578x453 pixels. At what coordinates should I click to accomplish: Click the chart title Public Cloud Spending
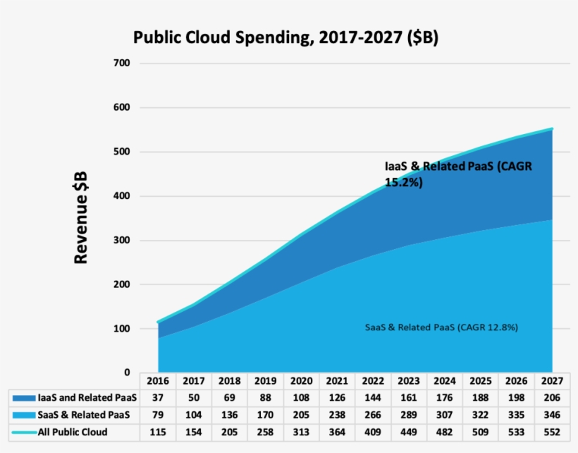285,37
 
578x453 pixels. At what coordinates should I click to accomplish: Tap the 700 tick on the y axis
121,64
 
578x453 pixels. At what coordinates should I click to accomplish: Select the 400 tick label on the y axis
121,196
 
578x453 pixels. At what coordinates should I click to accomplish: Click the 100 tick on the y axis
121,329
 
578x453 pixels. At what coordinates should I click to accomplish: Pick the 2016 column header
158,381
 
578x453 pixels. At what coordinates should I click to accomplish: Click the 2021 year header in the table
338,381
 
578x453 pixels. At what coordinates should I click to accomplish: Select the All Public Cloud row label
72,431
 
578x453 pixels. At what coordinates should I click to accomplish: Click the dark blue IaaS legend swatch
23,398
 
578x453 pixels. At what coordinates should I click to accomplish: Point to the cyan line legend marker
23,431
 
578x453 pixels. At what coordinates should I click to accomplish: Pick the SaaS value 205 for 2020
302,415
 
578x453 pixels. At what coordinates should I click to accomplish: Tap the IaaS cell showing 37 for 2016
158,398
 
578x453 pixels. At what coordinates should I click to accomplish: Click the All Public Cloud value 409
374,431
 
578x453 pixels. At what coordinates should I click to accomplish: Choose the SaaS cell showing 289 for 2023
410,415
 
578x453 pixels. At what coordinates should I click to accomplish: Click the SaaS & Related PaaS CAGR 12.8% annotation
442,327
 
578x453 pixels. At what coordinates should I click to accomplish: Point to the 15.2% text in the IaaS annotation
403,182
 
